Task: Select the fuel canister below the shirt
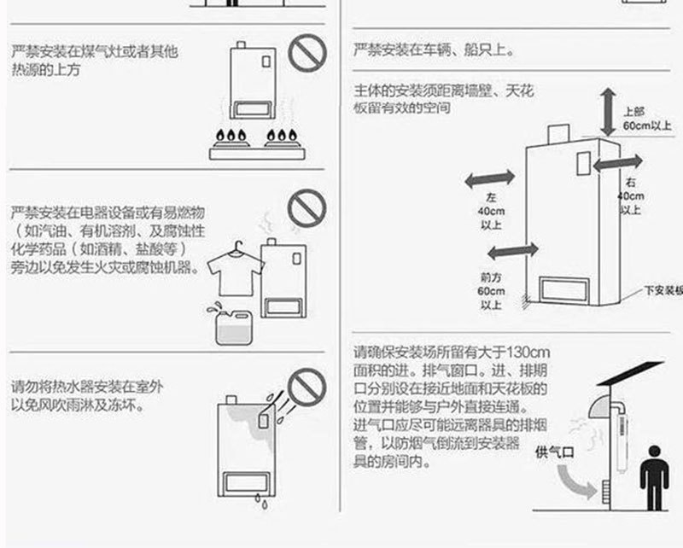pos(233,324)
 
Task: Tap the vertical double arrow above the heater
pos(607,108)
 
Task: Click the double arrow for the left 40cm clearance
pos(489,178)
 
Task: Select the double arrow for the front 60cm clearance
pos(511,249)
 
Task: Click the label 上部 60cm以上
pos(644,119)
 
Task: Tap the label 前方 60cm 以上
pos(491,290)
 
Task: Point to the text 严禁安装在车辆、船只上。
pos(434,50)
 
